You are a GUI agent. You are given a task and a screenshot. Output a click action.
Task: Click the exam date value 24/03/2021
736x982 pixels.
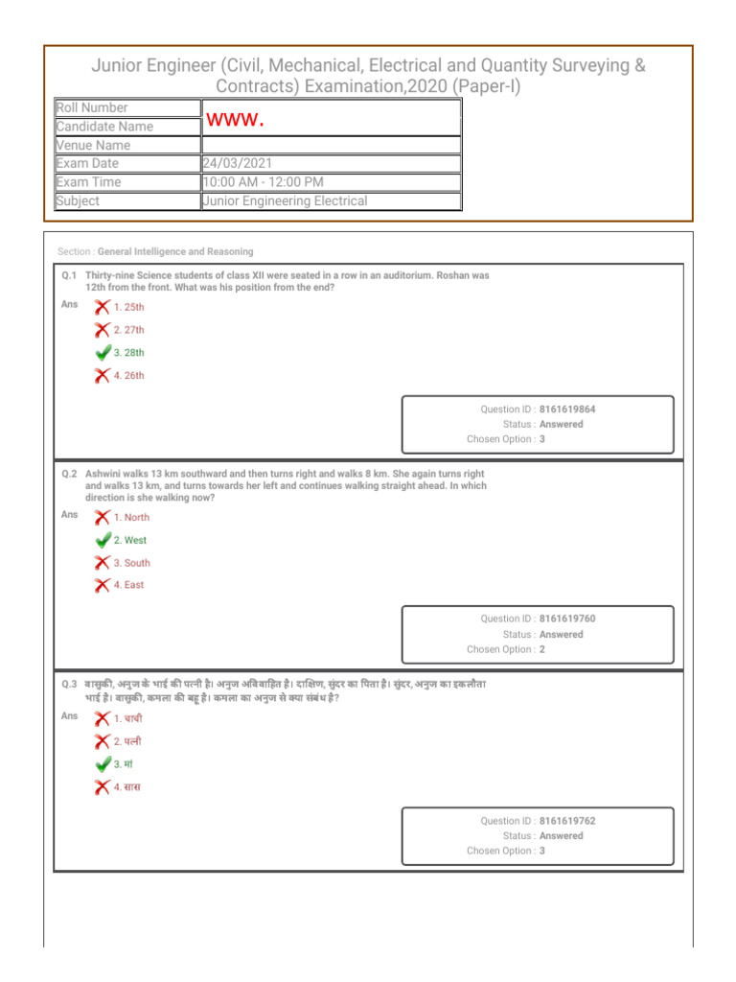click(x=238, y=164)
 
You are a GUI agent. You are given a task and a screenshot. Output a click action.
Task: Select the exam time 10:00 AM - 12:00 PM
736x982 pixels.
click(x=263, y=182)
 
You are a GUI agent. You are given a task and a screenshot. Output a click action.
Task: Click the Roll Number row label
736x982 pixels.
click(x=92, y=108)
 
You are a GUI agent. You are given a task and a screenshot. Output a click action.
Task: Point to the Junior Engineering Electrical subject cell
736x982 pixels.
click(x=285, y=201)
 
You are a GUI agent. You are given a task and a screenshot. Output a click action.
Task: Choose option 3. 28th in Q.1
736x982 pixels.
click(x=128, y=353)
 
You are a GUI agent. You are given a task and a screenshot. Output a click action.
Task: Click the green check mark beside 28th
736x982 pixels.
click(x=103, y=353)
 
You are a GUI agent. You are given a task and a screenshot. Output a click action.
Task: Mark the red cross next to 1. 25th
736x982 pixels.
click(x=102, y=307)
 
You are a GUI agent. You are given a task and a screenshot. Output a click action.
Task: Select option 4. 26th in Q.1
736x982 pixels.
click(x=128, y=376)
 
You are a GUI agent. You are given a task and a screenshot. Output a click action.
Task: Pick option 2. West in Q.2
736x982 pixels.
click(x=129, y=540)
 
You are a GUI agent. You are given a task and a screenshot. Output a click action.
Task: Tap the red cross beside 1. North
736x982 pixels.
click(x=102, y=517)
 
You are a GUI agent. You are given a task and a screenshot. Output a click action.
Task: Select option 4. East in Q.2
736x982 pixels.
click(x=128, y=585)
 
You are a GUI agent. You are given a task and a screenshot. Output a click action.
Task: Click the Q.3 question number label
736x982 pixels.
click(x=70, y=685)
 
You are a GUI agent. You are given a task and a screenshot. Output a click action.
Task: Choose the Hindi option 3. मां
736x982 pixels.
click(x=123, y=764)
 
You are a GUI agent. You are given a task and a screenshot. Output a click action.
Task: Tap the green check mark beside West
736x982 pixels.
click(x=103, y=540)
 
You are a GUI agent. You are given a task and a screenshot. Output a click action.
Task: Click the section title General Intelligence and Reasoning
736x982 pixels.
click(x=175, y=252)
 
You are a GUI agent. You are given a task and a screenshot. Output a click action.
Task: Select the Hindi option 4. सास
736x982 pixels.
click(x=126, y=787)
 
